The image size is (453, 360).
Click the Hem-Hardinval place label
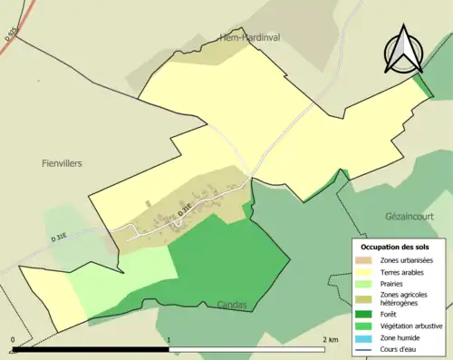point(253,36)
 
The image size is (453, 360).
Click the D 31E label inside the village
point(184,209)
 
